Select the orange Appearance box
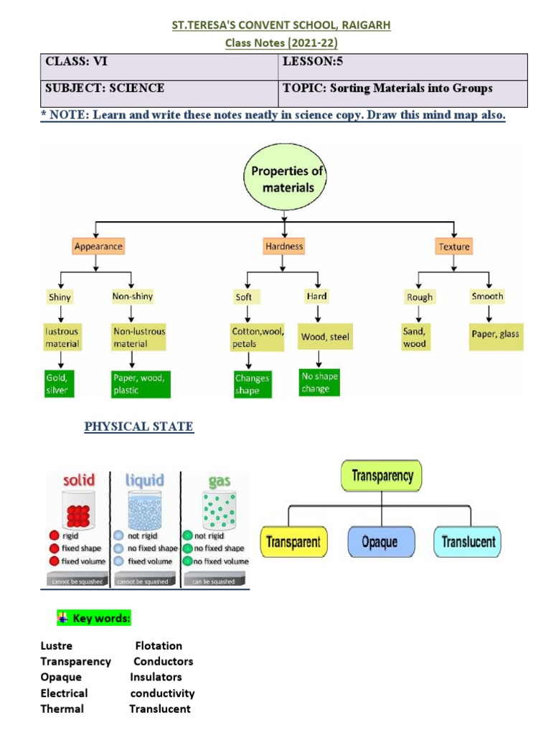[x=98, y=246]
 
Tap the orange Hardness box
[x=284, y=246]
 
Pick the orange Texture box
[x=453, y=246]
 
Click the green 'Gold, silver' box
[x=61, y=384]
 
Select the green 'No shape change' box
[x=319, y=383]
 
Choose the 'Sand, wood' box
[x=415, y=337]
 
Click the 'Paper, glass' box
[x=496, y=334]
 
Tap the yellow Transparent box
[x=294, y=542]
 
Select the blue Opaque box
[x=380, y=542]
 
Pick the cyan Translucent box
[x=468, y=542]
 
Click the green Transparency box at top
[x=382, y=476]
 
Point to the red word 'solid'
[x=79, y=480]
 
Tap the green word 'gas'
[x=215, y=480]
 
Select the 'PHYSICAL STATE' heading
[x=138, y=426]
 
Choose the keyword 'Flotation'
[x=159, y=645]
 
